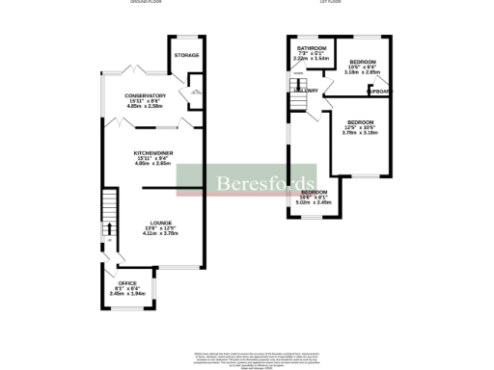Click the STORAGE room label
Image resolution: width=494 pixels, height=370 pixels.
pyautogui.click(x=187, y=55)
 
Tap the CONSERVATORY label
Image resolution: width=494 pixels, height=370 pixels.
pyautogui.click(x=145, y=95)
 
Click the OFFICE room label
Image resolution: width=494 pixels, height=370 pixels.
pyautogui.click(x=127, y=282)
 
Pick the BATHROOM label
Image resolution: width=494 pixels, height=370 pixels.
pyautogui.click(x=311, y=48)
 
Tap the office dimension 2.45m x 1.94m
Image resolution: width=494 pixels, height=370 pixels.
pyautogui.click(x=127, y=294)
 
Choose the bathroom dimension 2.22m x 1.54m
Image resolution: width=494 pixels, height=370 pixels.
pyautogui.click(x=311, y=60)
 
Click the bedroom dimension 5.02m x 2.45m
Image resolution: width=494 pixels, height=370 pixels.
pyautogui.click(x=319, y=202)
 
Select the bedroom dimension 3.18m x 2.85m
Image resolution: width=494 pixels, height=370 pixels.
pyautogui.click(x=362, y=71)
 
